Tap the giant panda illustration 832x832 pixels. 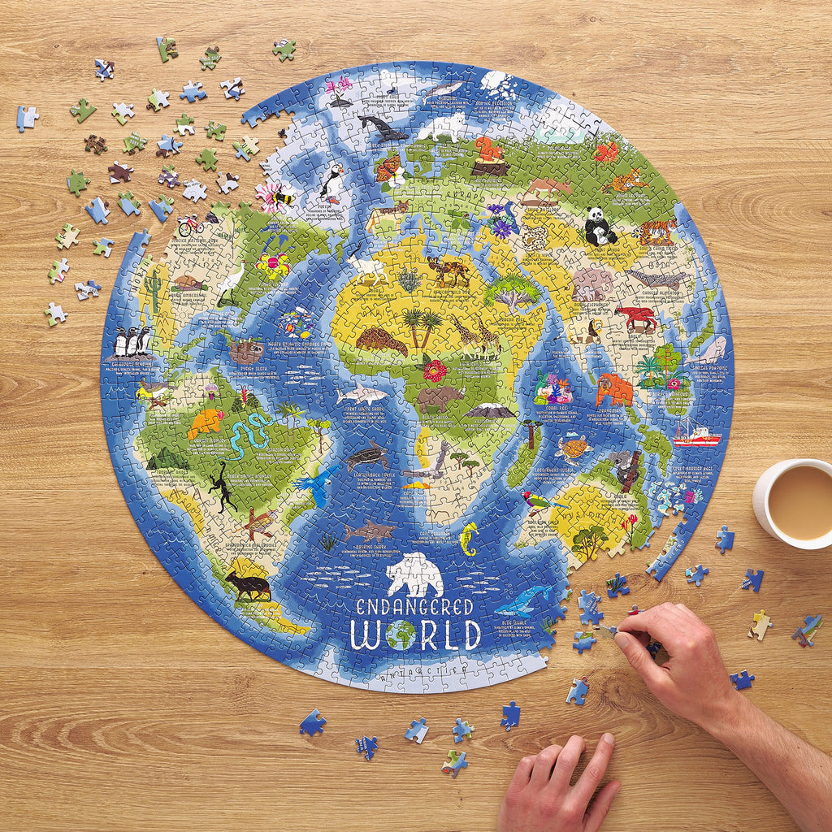click(x=600, y=226)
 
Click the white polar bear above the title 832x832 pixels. click(x=414, y=575)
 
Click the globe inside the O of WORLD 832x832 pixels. click(x=401, y=635)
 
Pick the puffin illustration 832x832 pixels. click(x=332, y=183)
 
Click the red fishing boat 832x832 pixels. click(x=696, y=435)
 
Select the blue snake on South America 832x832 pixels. click(x=246, y=435)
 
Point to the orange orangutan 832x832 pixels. click(x=614, y=390)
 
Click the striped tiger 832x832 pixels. click(x=656, y=232)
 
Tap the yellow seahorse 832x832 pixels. click(x=469, y=539)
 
